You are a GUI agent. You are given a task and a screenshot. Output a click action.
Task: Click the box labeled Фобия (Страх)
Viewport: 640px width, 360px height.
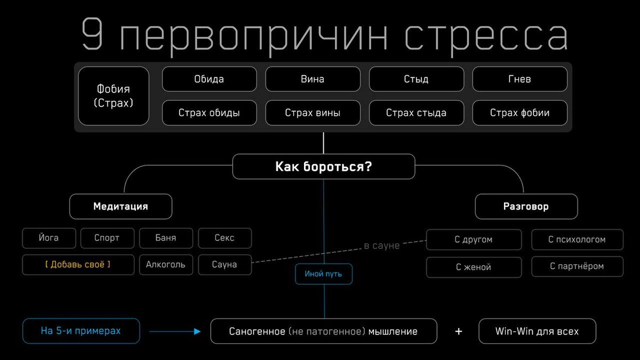pyautogui.click(x=114, y=96)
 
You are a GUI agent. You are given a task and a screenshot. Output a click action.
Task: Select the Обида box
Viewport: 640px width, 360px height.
pyautogui.click(x=209, y=79)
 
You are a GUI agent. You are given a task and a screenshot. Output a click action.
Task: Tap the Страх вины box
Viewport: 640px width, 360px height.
pyautogui.click(x=313, y=113)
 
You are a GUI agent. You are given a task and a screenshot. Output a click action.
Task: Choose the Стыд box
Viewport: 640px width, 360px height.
pyautogui.click(x=416, y=79)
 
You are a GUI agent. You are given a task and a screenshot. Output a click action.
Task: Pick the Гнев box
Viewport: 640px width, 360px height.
pyautogui.click(x=519, y=79)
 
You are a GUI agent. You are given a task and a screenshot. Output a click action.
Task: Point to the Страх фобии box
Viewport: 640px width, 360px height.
pyautogui.click(x=519, y=113)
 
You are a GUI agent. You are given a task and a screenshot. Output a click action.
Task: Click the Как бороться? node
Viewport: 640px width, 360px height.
pyautogui.click(x=323, y=166)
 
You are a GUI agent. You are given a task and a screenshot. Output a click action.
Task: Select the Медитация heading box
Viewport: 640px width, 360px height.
pyautogui.click(x=121, y=206)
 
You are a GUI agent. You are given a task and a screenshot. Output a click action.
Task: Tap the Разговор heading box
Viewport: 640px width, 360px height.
pyautogui.click(x=526, y=206)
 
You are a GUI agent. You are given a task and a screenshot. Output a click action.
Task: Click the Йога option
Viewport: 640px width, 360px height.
pyautogui.click(x=49, y=238)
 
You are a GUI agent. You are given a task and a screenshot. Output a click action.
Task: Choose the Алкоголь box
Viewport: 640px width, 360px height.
pyautogui.click(x=166, y=265)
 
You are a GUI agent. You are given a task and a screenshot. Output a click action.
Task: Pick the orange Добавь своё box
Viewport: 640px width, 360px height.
pyautogui.click(x=78, y=265)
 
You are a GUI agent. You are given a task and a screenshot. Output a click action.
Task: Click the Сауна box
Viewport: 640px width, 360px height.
pyautogui.click(x=225, y=265)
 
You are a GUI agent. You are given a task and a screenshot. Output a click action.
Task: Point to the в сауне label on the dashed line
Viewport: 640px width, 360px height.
pyautogui.click(x=381, y=246)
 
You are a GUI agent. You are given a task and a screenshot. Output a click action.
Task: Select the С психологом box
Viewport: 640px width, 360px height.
pyautogui.click(x=577, y=239)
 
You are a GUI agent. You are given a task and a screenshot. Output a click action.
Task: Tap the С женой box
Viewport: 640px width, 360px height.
pyautogui.click(x=474, y=267)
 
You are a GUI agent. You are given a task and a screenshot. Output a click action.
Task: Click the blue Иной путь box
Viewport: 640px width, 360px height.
pyautogui.click(x=323, y=274)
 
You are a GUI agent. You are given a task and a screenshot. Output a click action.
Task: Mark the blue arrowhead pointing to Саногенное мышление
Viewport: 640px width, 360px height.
pyautogui.click(x=197, y=332)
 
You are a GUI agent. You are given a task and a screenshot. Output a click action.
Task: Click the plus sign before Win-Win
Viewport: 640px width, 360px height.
pyautogui.click(x=458, y=332)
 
